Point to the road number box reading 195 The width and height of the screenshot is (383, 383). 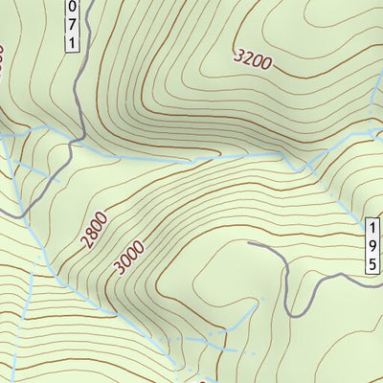coord(373,246)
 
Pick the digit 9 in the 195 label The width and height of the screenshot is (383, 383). coord(373,246)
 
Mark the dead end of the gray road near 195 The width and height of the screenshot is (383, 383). coord(249,243)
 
